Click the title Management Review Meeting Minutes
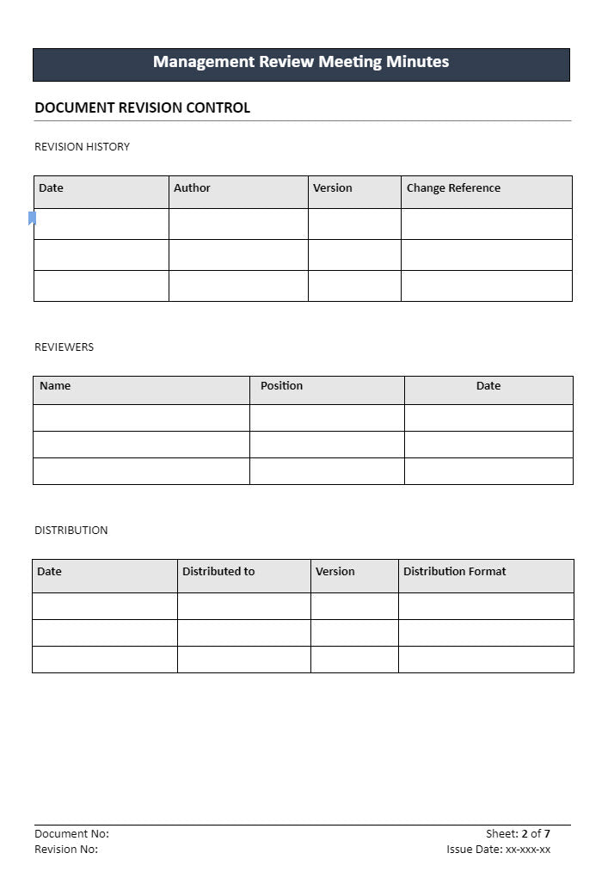[x=301, y=62]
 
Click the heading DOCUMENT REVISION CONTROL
[x=142, y=108]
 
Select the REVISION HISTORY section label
[x=82, y=147]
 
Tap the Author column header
[x=192, y=188]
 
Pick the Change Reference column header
[x=453, y=188]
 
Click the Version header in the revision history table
[x=333, y=188]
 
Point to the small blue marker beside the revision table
[x=32, y=218]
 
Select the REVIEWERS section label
[x=64, y=347]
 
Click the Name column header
[x=55, y=386]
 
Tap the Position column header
[x=281, y=386]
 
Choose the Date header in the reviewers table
[x=488, y=386]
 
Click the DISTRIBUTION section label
[x=71, y=531]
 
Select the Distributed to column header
[x=218, y=572]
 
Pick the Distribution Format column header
[x=454, y=572]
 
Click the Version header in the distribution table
[x=335, y=572]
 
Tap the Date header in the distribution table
[x=50, y=572]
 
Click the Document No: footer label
[x=71, y=834]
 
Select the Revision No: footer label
[x=66, y=850]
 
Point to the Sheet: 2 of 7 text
[x=518, y=834]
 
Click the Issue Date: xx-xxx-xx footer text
[x=498, y=850]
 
